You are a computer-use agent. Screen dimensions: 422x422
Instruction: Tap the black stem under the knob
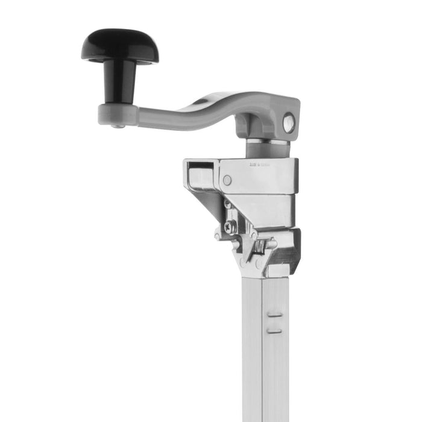pos(119,81)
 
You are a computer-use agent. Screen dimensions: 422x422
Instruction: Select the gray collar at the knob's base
pos(118,114)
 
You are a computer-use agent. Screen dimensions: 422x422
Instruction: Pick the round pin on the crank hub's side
pos(289,123)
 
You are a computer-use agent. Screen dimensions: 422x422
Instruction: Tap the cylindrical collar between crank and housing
pos(266,148)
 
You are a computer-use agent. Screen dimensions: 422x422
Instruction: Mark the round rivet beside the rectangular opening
pos(227,180)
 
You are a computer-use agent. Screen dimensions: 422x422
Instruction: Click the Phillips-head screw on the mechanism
pos(230,227)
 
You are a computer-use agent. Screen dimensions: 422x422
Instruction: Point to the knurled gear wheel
pos(260,246)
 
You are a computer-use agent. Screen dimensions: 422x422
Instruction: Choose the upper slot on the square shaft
pos(274,314)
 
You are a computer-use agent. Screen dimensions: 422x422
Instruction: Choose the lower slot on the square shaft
pos(274,330)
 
